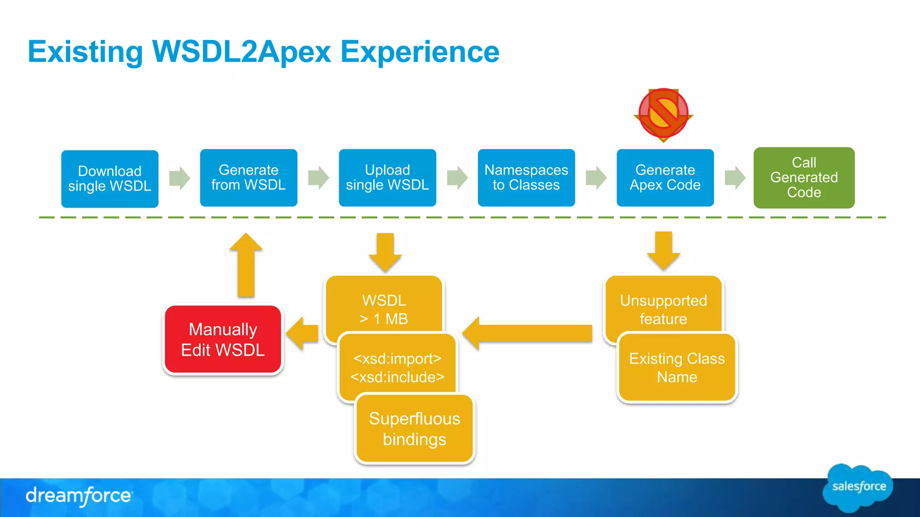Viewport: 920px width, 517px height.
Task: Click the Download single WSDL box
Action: (110, 179)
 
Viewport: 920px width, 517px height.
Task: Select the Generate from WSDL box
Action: (248, 178)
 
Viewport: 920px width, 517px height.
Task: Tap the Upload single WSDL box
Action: (387, 178)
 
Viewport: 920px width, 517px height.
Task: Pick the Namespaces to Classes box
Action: (526, 178)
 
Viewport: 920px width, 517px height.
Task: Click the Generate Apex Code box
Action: (665, 178)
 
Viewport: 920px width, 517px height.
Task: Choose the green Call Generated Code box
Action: (804, 178)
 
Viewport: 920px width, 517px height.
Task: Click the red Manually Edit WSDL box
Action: (223, 340)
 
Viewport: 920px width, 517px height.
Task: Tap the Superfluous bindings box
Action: (414, 429)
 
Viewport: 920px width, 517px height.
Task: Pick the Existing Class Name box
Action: (677, 367)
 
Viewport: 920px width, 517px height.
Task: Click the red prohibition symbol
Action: (663, 114)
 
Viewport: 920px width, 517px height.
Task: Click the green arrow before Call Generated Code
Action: (735, 178)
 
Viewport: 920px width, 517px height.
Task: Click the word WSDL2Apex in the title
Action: (242, 52)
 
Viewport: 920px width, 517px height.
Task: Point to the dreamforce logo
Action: (79, 496)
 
